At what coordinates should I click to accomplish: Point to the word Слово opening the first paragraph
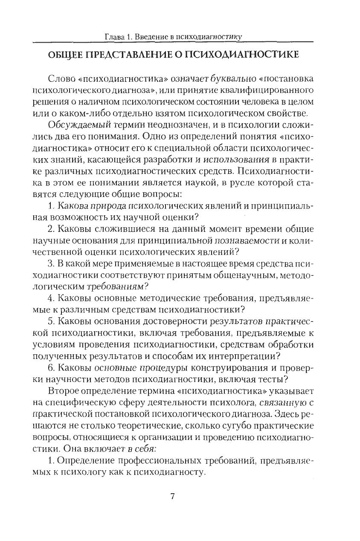pyautogui.click(x=63, y=79)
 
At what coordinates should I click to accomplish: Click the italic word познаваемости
pyautogui.click(x=246, y=241)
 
